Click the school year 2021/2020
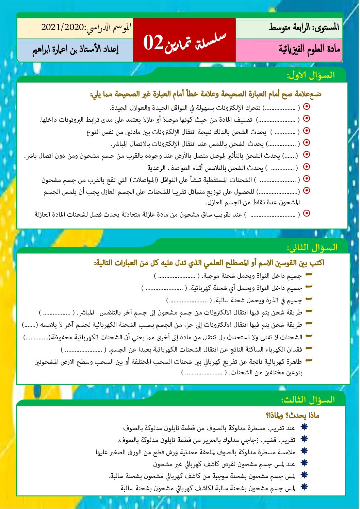(63, 28)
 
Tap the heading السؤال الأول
(311, 75)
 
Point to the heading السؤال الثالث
(308, 400)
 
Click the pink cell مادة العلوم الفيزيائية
(309, 50)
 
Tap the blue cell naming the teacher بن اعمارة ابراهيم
(75, 50)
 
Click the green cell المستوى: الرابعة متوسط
(304, 28)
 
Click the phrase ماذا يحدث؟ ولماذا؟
(292, 415)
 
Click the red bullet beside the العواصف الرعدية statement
(306, 167)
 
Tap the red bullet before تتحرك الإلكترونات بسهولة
(306, 107)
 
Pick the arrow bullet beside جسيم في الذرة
(309, 299)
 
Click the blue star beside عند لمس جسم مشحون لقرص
(304, 463)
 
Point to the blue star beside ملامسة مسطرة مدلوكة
(304, 451)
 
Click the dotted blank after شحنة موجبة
(177, 276)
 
